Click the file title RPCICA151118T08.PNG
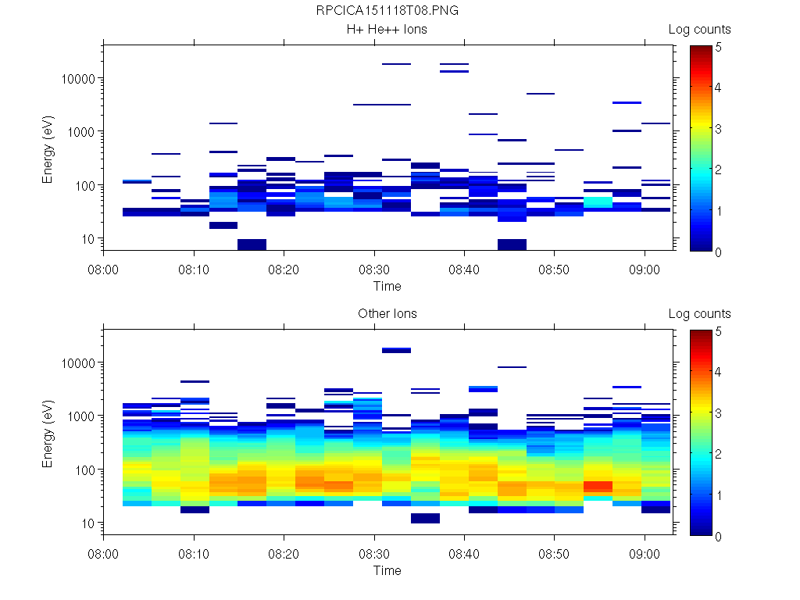click(x=387, y=11)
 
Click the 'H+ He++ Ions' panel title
click(x=387, y=30)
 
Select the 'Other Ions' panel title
click(x=387, y=314)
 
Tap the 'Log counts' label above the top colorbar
click(x=699, y=30)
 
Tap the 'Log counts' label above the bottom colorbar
click(x=699, y=314)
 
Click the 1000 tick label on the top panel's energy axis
click(x=83, y=132)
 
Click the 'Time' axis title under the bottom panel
click(x=387, y=571)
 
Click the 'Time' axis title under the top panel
click(x=387, y=287)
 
